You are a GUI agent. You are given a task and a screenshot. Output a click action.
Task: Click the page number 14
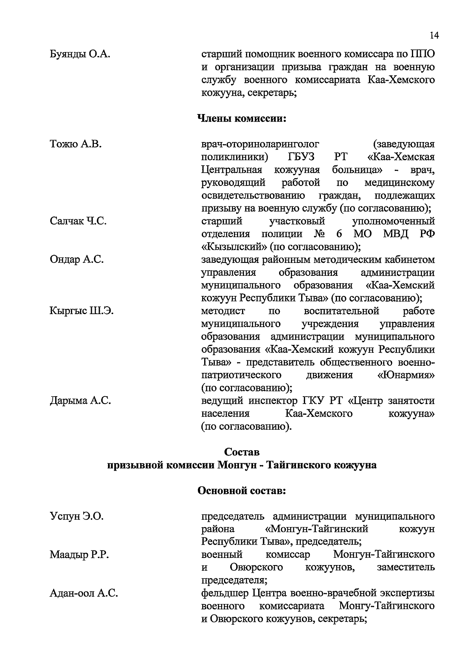pyautogui.click(x=434, y=36)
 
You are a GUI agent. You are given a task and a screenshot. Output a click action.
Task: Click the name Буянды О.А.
pyautogui.click(x=80, y=54)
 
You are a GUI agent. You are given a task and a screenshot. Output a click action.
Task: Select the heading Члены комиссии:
pyautogui.click(x=241, y=118)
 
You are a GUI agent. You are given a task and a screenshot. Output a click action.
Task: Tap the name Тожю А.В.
pyautogui.click(x=76, y=144)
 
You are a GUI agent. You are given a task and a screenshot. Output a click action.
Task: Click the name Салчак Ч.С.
pyautogui.click(x=78, y=221)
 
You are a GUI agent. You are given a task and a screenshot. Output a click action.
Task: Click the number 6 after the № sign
pyautogui.click(x=339, y=234)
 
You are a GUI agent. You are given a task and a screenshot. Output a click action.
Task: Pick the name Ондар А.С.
pyautogui.click(x=77, y=260)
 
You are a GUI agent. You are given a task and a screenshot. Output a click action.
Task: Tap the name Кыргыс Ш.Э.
pyautogui.click(x=82, y=311)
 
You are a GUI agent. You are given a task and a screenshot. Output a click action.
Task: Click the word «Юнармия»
pyautogui.click(x=406, y=375)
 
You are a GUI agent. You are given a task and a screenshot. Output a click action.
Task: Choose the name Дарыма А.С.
pyautogui.click(x=80, y=401)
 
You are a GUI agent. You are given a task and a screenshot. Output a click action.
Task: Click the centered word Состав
pyautogui.click(x=242, y=452)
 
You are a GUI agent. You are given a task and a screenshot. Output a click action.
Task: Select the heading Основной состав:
pyautogui.click(x=241, y=491)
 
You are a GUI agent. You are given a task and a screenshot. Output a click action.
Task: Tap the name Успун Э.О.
pyautogui.click(x=76, y=516)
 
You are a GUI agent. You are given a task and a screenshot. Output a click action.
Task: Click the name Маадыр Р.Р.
pyautogui.click(x=79, y=555)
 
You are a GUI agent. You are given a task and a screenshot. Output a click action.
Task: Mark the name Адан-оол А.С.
pyautogui.click(x=84, y=593)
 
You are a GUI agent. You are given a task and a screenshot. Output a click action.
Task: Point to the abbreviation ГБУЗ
pyautogui.click(x=301, y=157)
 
